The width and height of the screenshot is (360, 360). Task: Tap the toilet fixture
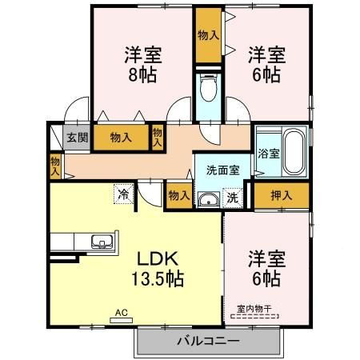tap(210, 87)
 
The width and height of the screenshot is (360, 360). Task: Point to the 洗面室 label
tap(222, 170)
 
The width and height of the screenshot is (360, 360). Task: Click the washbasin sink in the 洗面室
tap(210, 198)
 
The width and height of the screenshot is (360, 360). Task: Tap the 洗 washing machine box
tap(231, 197)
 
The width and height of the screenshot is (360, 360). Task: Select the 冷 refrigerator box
tap(124, 192)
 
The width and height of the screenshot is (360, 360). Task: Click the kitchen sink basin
tap(102, 241)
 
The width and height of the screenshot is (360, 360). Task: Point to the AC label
tap(122, 313)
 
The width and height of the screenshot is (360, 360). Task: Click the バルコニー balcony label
tap(208, 342)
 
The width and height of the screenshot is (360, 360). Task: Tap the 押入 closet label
tap(281, 194)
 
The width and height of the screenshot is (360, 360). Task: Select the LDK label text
tap(156, 259)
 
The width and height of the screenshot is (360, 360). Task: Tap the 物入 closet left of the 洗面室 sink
tap(178, 194)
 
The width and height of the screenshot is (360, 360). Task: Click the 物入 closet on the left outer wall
tap(54, 165)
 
